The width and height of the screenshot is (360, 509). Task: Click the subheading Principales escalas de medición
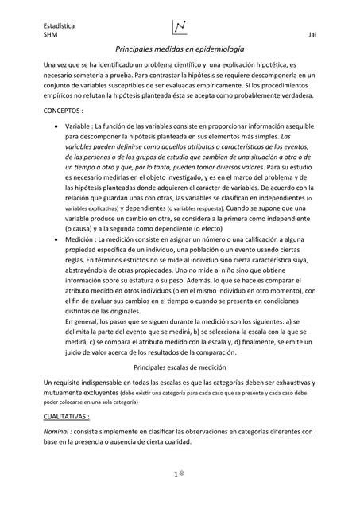[180, 367]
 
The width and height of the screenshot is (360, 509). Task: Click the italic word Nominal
[59, 432]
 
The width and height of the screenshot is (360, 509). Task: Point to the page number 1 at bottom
[175, 474]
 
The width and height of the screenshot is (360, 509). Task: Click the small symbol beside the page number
[183, 473]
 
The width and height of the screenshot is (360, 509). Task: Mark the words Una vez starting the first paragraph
[58, 64]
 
